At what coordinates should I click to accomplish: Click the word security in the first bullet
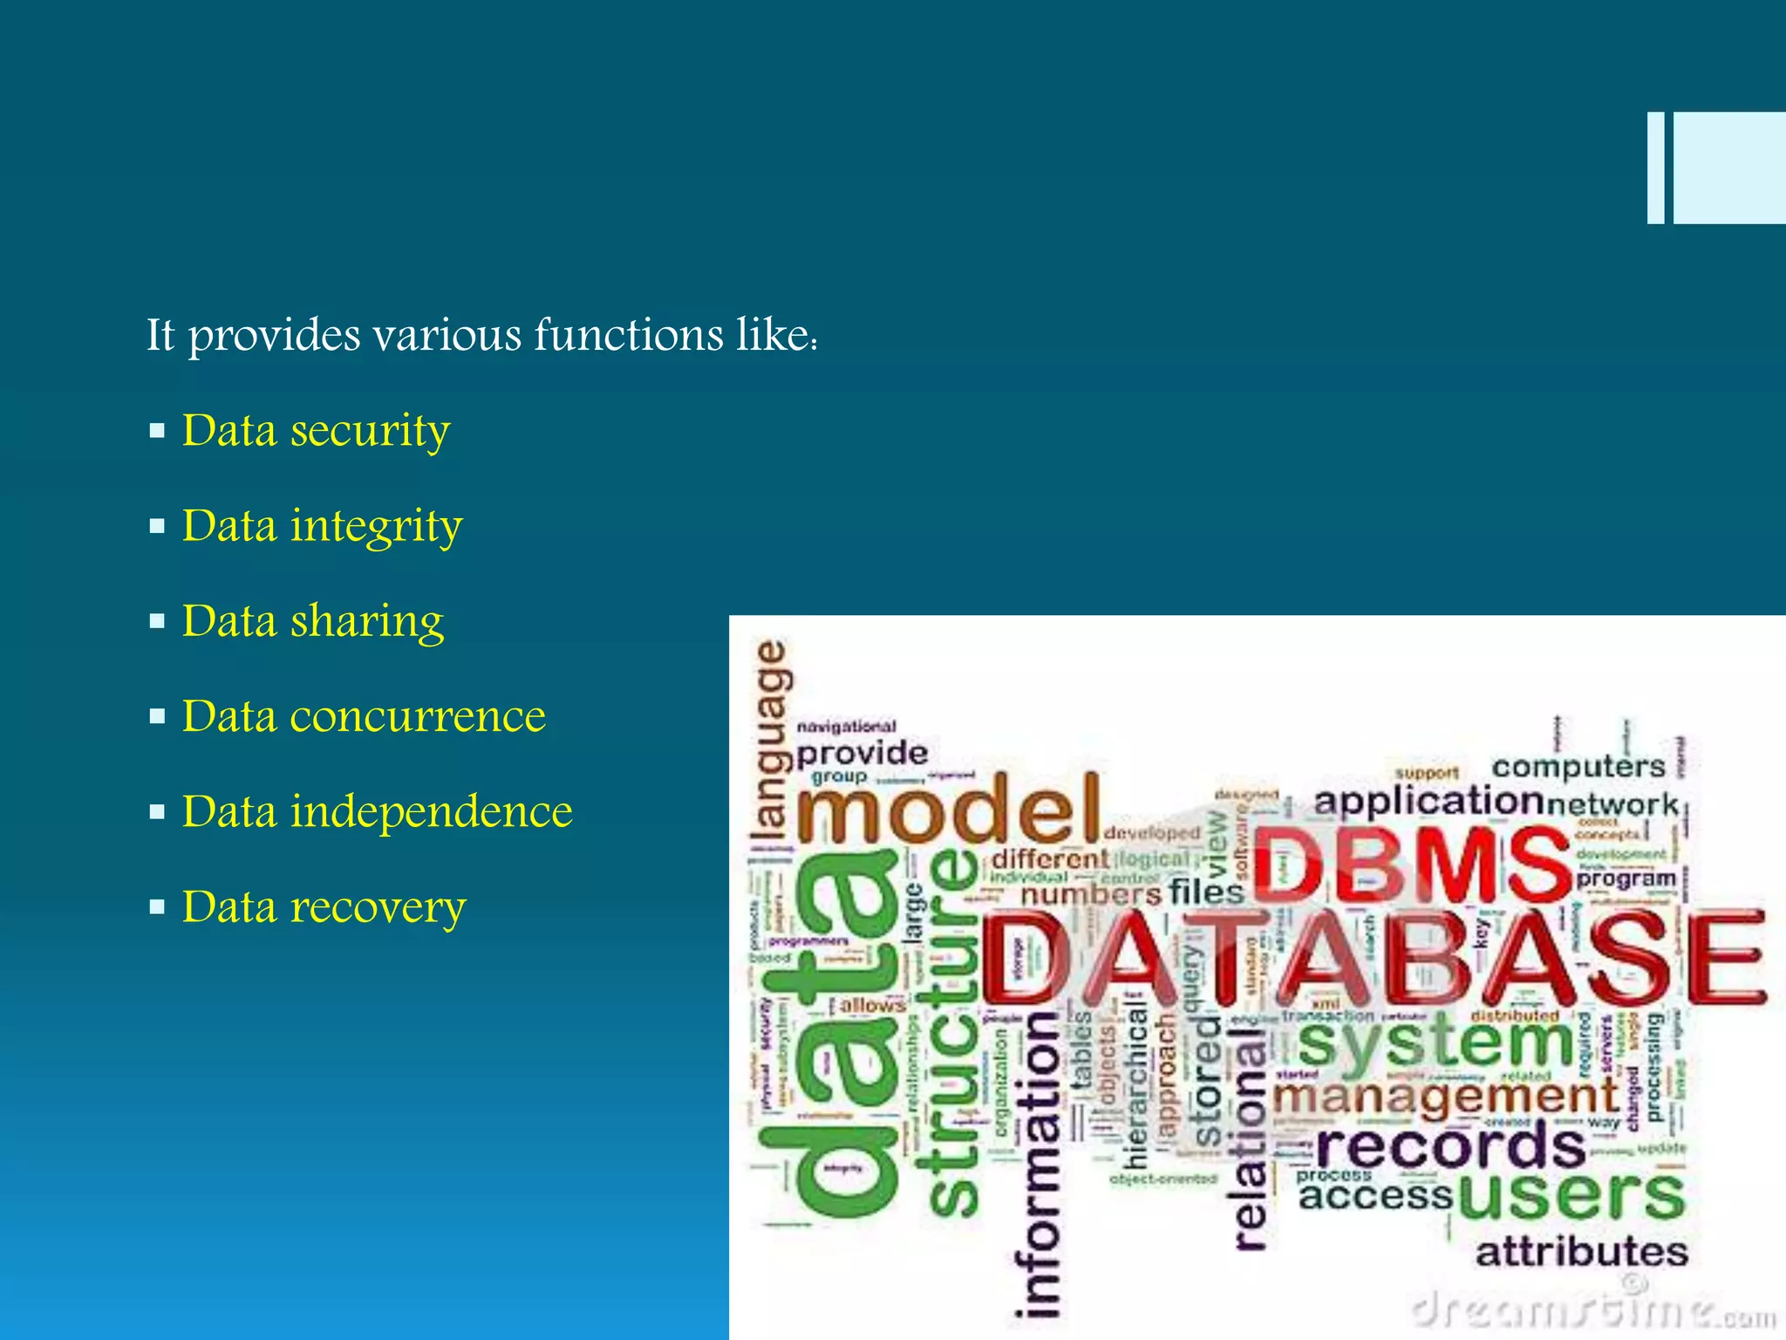coord(370,431)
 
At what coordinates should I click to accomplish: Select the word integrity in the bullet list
coord(376,526)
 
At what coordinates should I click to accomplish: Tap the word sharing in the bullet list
coord(366,621)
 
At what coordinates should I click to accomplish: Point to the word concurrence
coord(418,716)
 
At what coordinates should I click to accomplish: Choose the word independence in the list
coord(431,812)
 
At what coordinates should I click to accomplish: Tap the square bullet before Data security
coord(157,431)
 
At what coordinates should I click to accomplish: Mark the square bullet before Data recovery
coord(157,907)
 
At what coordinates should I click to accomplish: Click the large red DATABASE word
coord(1374,957)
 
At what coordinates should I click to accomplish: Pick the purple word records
coord(1450,1146)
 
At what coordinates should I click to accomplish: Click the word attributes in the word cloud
coord(1581,1253)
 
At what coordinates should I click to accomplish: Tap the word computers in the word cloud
coord(1578,767)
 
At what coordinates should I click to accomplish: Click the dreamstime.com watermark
coord(1592,1311)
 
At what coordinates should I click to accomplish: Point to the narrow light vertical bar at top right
coord(1655,167)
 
